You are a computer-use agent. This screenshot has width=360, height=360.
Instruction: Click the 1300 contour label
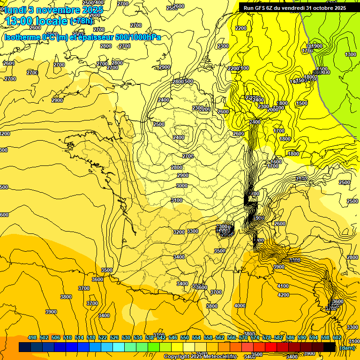(x=350, y=55)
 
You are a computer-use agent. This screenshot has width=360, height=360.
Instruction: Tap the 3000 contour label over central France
(x=182, y=186)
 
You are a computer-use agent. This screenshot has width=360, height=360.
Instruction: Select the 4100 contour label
(x=283, y=286)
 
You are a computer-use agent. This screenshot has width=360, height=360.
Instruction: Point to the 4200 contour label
(x=283, y=295)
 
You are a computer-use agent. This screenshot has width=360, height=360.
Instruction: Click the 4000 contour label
(x=240, y=306)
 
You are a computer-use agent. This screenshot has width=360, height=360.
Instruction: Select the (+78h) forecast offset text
(x=81, y=21)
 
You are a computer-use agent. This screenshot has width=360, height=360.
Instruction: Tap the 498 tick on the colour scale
(x=32, y=337)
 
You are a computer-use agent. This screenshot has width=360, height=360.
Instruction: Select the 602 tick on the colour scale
(x=337, y=337)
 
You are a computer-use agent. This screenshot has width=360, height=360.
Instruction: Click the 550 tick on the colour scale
(x=185, y=337)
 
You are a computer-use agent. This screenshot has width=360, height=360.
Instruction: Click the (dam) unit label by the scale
(x=347, y=347)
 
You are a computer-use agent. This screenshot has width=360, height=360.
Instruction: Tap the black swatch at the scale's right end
(x=330, y=347)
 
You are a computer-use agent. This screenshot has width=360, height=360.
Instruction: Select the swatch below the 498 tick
(x=25, y=347)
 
